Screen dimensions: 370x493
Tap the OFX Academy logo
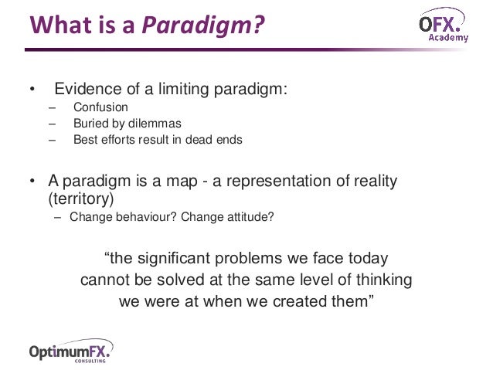tap(444, 29)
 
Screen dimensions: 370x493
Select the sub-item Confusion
tap(100, 107)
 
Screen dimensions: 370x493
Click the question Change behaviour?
tap(123, 217)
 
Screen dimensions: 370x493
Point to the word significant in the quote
tap(178, 257)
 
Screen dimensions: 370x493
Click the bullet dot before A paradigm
tap(32, 182)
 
